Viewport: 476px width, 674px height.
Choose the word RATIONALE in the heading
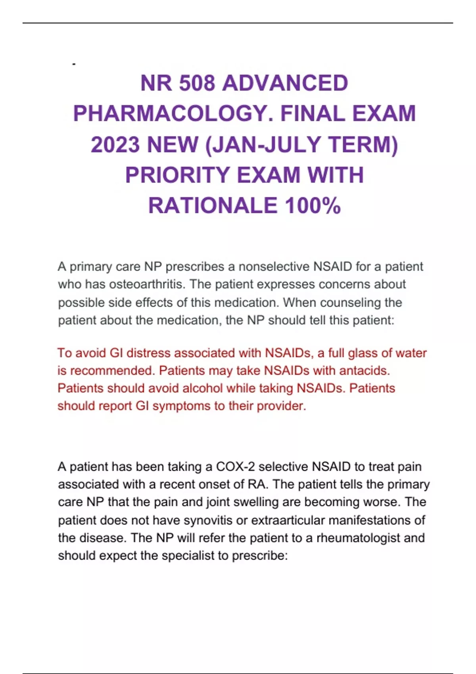tap(213, 205)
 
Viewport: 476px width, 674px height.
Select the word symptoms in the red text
tap(181, 406)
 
